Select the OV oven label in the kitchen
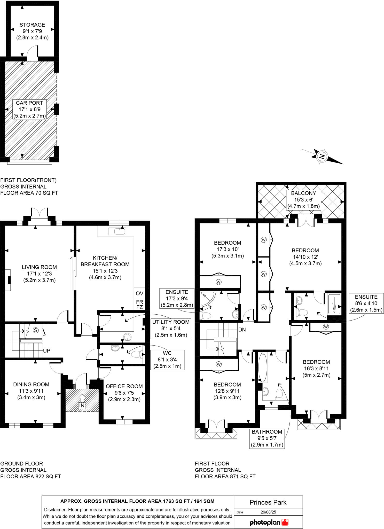click(x=139, y=293)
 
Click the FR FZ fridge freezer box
click(x=139, y=305)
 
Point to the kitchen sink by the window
click(x=117, y=231)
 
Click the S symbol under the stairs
click(x=36, y=330)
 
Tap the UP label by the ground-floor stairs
click(x=47, y=351)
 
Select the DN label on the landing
click(x=242, y=330)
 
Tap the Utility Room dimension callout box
click(x=171, y=328)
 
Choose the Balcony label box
click(x=303, y=200)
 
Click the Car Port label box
click(x=29, y=109)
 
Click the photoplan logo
click(x=269, y=522)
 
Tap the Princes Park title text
click(x=268, y=502)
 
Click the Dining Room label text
click(x=31, y=384)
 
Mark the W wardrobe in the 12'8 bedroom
click(x=219, y=364)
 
